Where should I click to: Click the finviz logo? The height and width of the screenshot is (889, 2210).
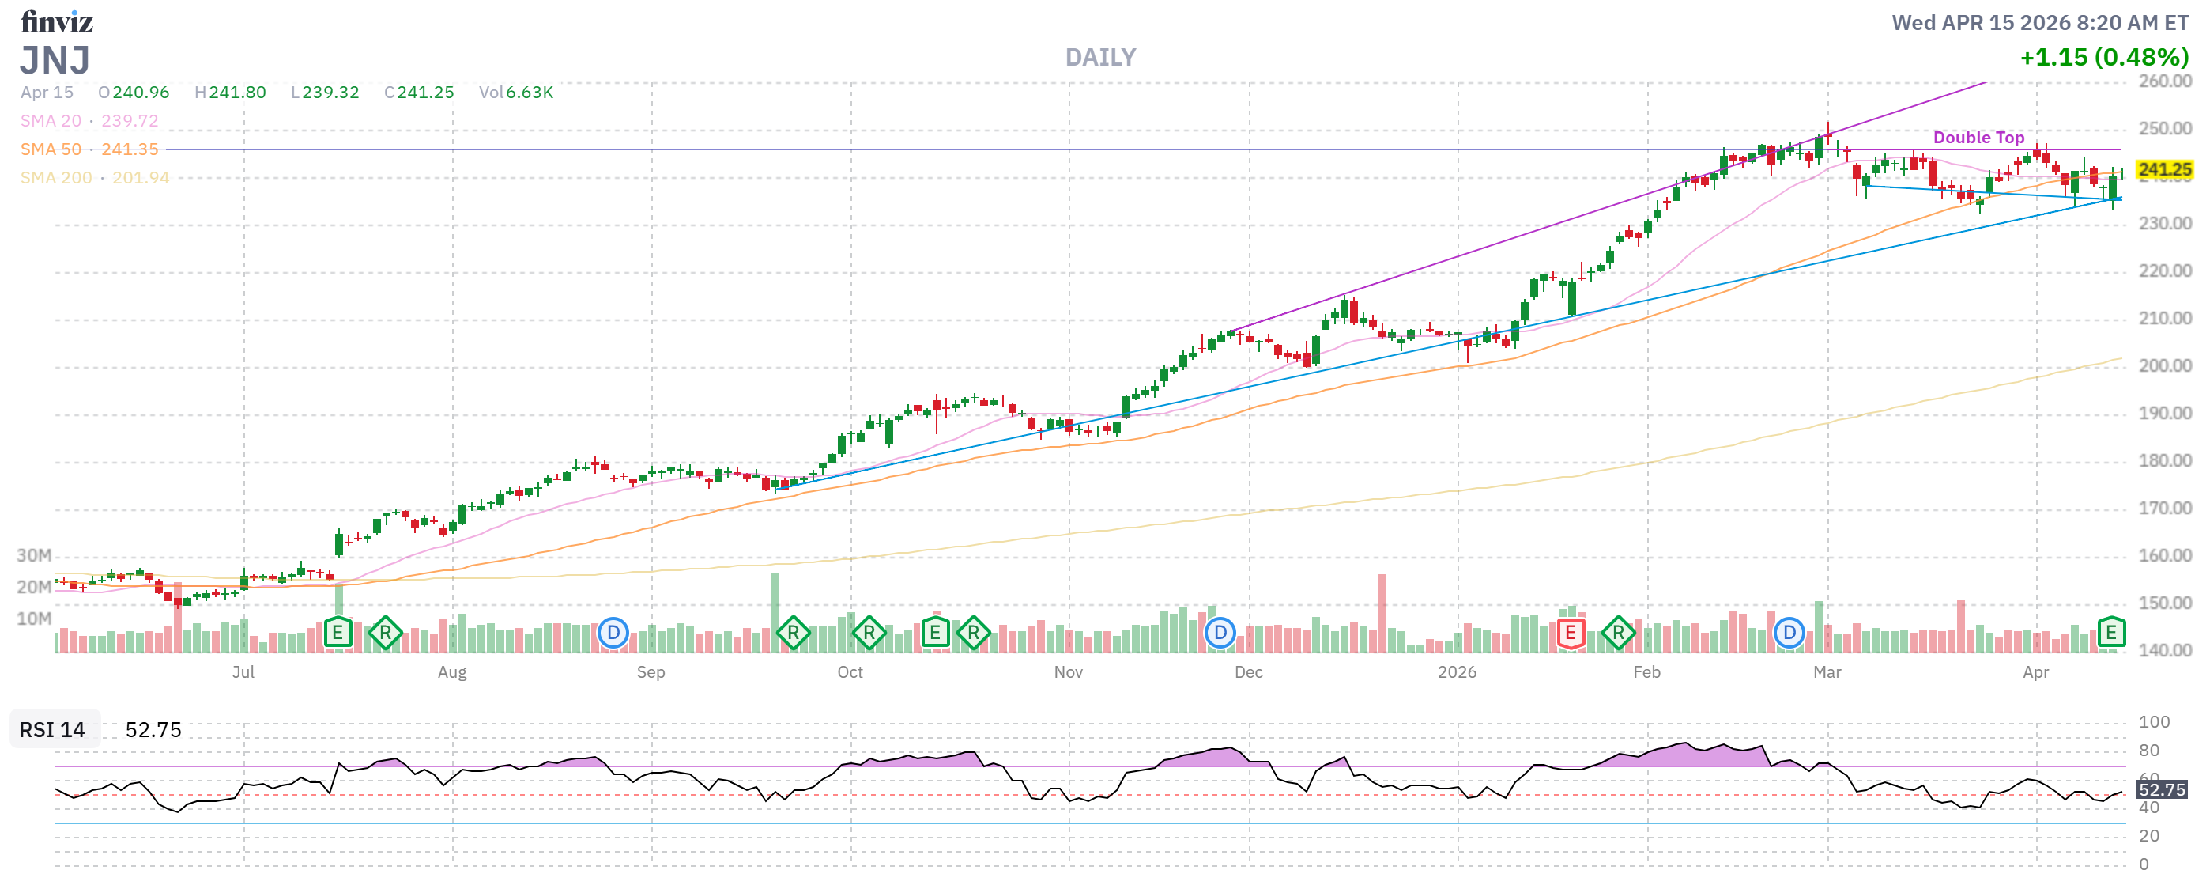pyautogui.click(x=57, y=21)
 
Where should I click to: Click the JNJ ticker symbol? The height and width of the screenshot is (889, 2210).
pyautogui.click(x=55, y=61)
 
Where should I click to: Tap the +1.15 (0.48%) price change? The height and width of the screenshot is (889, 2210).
pyautogui.click(x=2103, y=58)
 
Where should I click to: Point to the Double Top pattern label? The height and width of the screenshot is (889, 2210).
pyautogui.click(x=1978, y=138)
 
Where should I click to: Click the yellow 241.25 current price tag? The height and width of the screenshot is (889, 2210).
pyautogui.click(x=2163, y=170)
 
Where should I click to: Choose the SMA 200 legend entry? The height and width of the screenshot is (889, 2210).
pyautogui.click(x=94, y=178)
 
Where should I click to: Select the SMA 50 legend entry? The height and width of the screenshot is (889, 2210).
pyautogui.click(x=89, y=149)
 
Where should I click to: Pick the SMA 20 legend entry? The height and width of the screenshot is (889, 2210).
pyautogui.click(x=89, y=121)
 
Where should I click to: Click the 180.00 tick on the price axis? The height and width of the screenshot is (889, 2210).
pyautogui.click(x=2164, y=461)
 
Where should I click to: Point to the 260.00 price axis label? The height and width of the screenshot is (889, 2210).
pyautogui.click(x=2164, y=81)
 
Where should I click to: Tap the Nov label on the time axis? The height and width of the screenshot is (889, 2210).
pyautogui.click(x=1067, y=672)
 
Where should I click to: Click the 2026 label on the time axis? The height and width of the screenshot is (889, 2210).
pyautogui.click(x=1457, y=672)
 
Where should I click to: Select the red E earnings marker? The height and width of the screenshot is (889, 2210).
pyautogui.click(x=1569, y=634)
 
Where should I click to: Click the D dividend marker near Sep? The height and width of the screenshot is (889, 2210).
pyautogui.click(x=613, y=634)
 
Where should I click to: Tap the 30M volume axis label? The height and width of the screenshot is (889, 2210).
pyautogui.click(x=34, y=555)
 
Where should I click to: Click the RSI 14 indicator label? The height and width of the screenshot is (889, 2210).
pyautogui.click(x=52, y=729)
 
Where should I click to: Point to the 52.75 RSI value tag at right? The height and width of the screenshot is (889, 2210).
pyautogui.click(x=2161, y=789)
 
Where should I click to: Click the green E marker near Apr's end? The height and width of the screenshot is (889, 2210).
pyautogui.click(x=2110, y=633)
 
